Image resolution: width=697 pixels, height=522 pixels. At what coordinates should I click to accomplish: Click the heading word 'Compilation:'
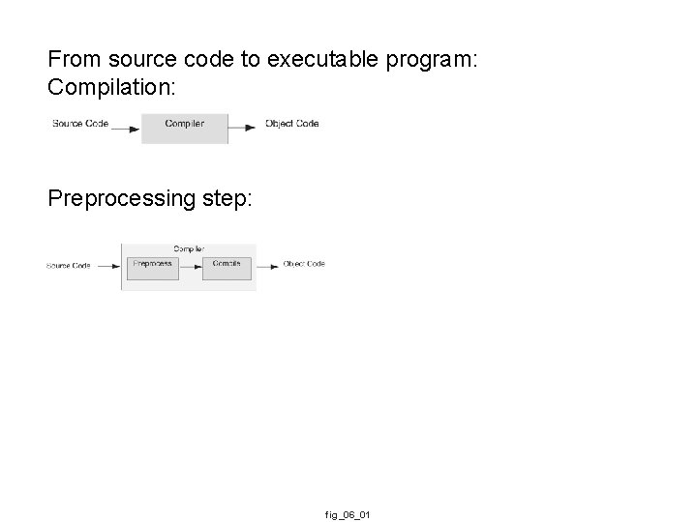pyautogui.click(x=112, y=87)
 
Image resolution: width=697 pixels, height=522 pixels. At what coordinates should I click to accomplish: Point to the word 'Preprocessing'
pyautogui.click(x=120, y=198)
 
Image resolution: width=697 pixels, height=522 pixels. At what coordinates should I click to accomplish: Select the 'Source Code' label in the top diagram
pyautogui.click(x=80, y=124)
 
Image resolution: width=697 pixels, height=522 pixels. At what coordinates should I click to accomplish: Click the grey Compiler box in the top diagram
pyautogui.click(x=185, y=128)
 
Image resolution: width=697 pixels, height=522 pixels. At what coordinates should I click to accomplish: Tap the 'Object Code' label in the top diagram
pyautogui.click(x=291, y=124)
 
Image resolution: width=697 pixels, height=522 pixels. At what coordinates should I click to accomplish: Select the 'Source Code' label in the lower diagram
pyautogui.click(x=69, y=266)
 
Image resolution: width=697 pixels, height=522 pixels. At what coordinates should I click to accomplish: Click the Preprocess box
pyautogui.click(x=153, y=267)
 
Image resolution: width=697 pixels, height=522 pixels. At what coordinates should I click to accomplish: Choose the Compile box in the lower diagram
pyautogui.click(x=227, y=267)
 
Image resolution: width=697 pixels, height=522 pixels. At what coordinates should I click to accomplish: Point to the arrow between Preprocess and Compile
pyautogui.click(x=191, y=266)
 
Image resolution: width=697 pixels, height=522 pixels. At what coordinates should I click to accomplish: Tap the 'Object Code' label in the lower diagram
pyautogui.click(x=304, y=264)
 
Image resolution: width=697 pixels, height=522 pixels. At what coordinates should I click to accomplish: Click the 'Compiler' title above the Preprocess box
pyautogui.click(x=189, y=249)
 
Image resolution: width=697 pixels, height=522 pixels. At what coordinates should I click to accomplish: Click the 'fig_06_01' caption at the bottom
pyautogui.click(x=348, y=515)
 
